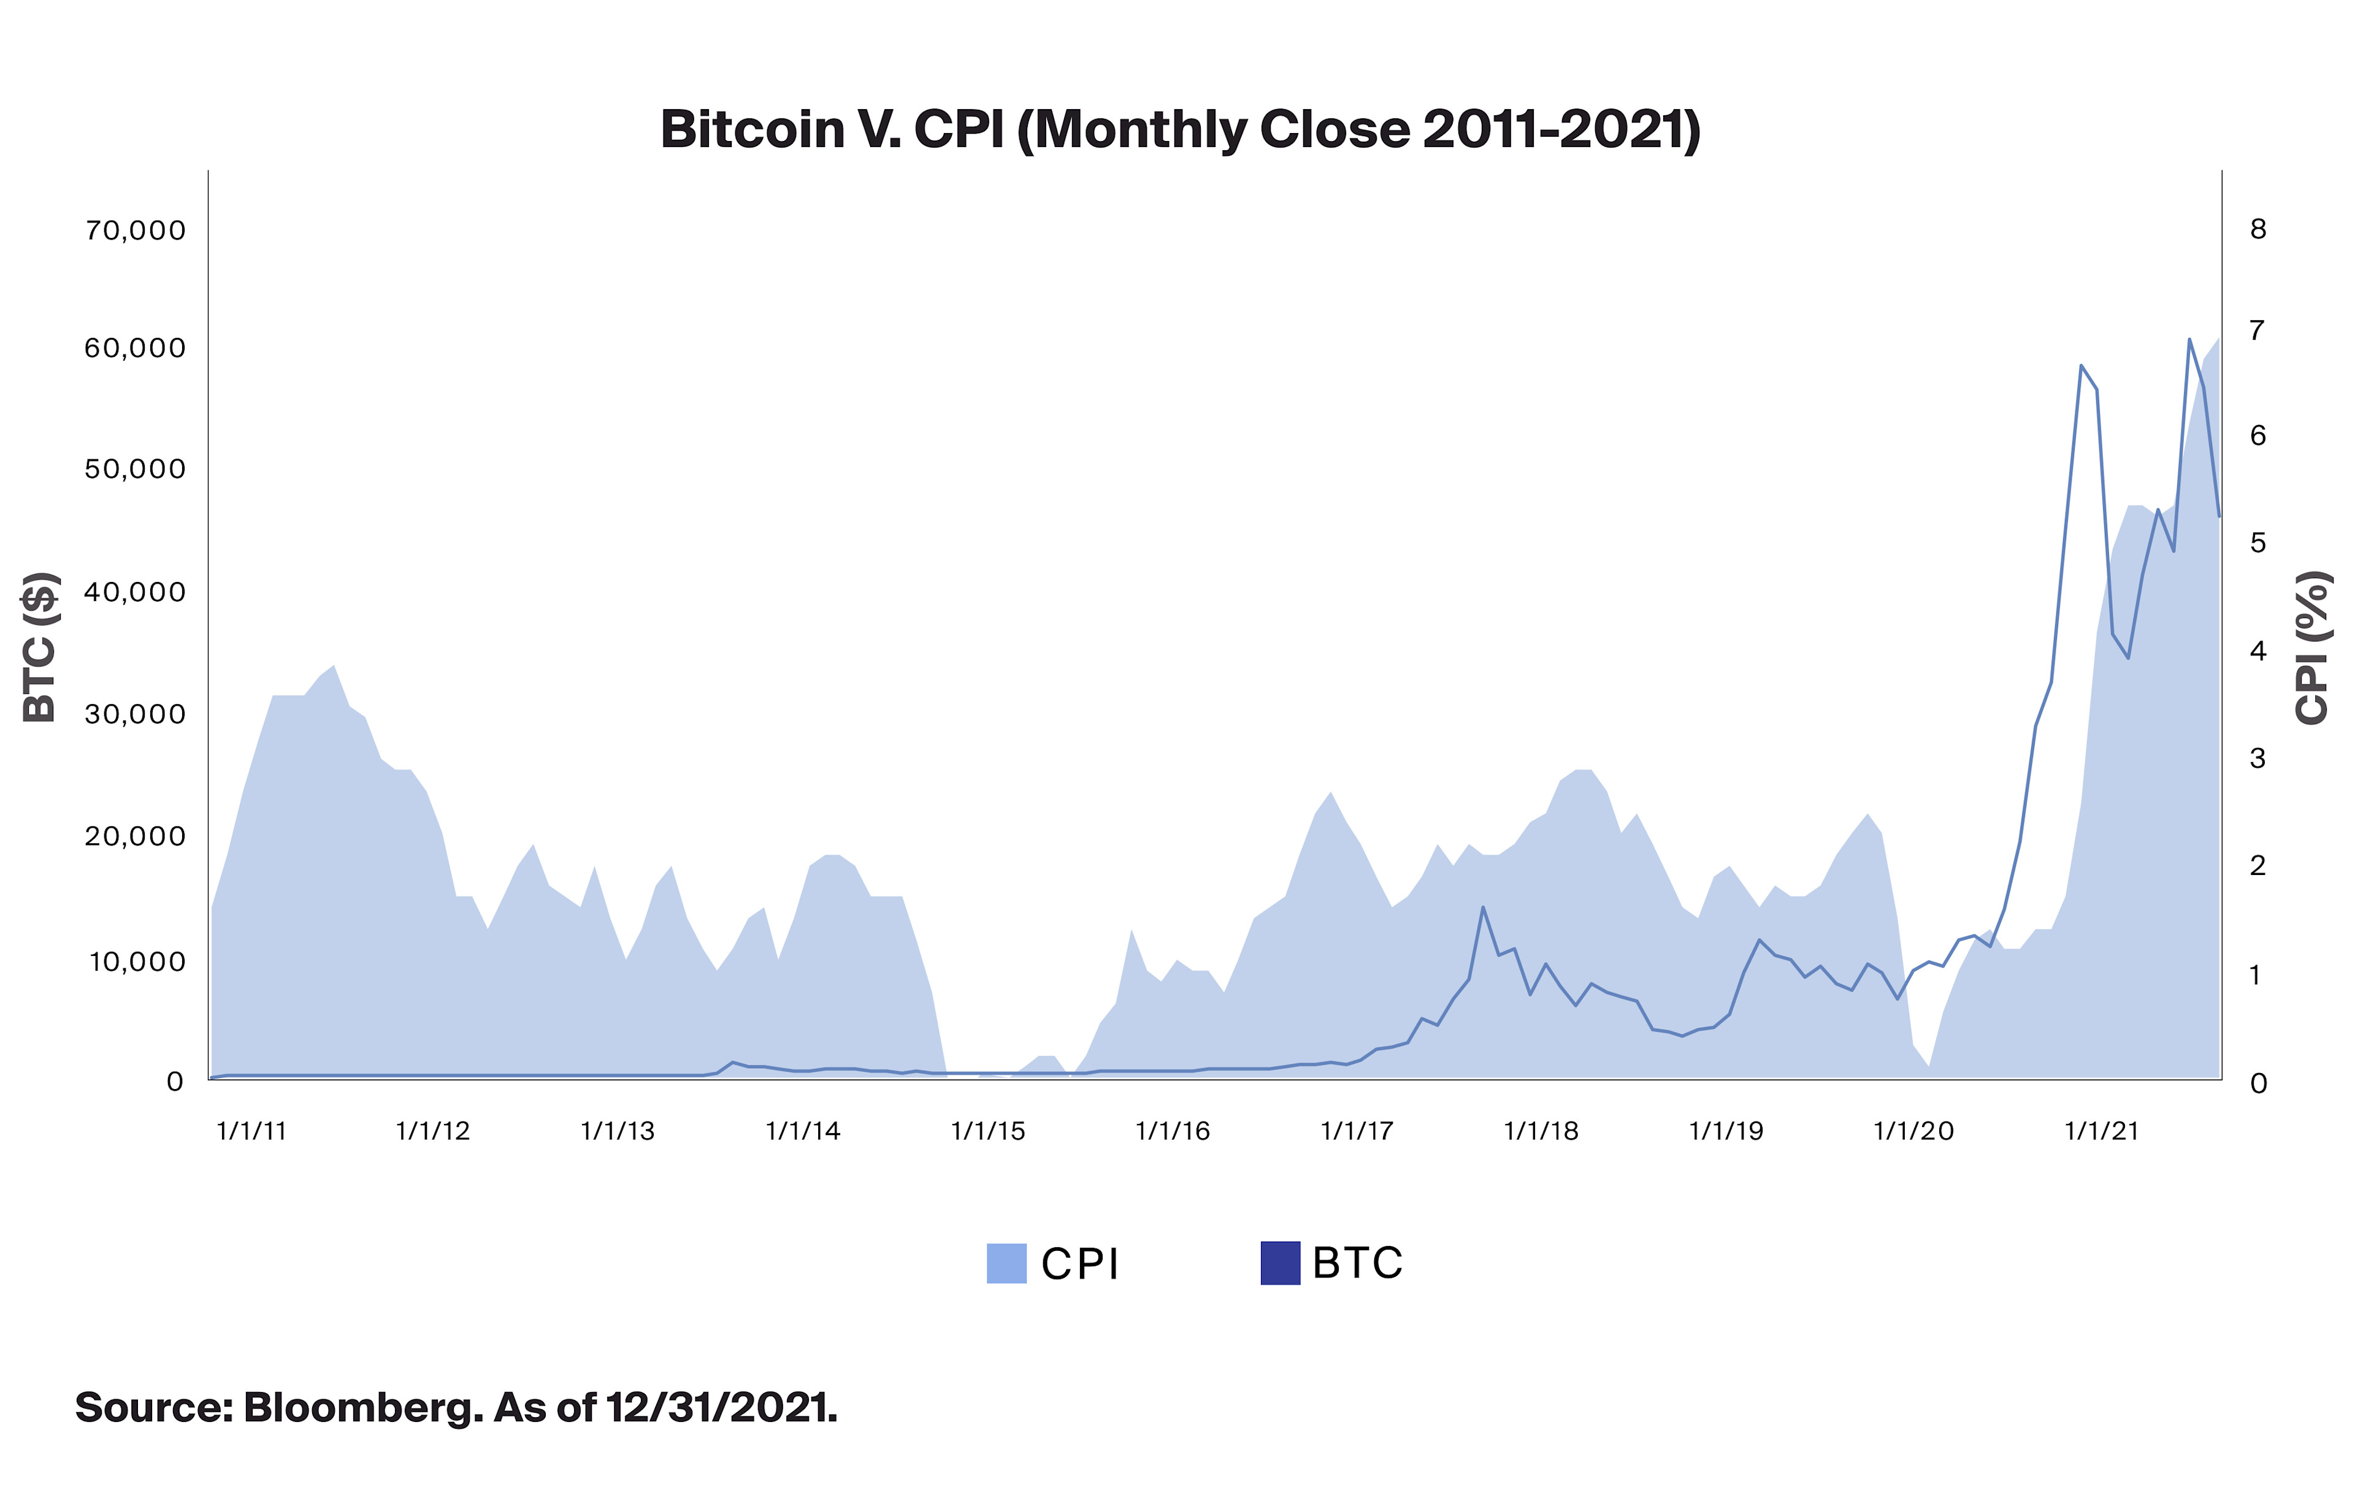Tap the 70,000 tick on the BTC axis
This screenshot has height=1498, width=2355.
[135, 231]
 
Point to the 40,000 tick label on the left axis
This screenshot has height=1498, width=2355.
[135, 592]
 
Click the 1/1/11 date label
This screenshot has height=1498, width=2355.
[251, 1131]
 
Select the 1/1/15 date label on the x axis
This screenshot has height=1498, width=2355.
[988, 1131]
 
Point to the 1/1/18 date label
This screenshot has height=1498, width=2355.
[1541, 1131]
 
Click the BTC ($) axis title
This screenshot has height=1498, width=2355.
[41, 648]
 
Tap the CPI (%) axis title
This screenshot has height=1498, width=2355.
[2312, 648]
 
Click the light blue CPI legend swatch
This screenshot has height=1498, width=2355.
[1006, 1263]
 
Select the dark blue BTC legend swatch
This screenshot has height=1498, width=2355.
[1280, 1263]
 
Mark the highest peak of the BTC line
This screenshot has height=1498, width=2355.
[2189, 339]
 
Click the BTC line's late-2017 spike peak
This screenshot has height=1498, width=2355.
[1483, 908]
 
